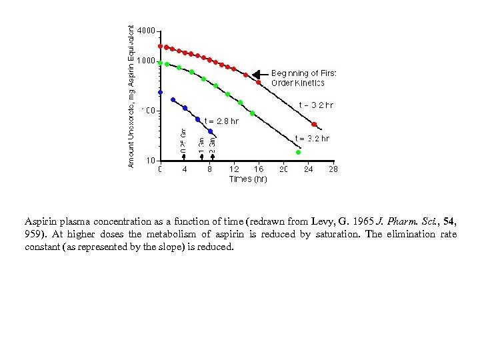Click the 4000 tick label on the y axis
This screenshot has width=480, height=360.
pos(147,31)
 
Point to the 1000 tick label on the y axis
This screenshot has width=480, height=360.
pos(147,61)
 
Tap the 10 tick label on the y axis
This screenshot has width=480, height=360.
pos(151,161)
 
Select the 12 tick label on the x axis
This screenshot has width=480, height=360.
pos(235,169)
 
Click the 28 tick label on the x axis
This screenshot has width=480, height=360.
pos(333,169)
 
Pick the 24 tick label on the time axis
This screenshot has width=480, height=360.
pos(309,169)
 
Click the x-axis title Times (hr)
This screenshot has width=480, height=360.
pos(248,179)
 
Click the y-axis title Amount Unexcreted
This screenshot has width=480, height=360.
pos(131,97)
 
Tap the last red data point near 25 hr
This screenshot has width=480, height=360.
pos(315,124)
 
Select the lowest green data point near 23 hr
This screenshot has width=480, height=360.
pos(298,153)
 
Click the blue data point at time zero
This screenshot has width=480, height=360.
pos(160,92)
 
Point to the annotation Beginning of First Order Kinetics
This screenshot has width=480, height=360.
pos(303,78)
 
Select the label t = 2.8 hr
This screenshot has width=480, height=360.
pos(221,121)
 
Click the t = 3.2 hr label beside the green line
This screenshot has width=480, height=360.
pos(312,139)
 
